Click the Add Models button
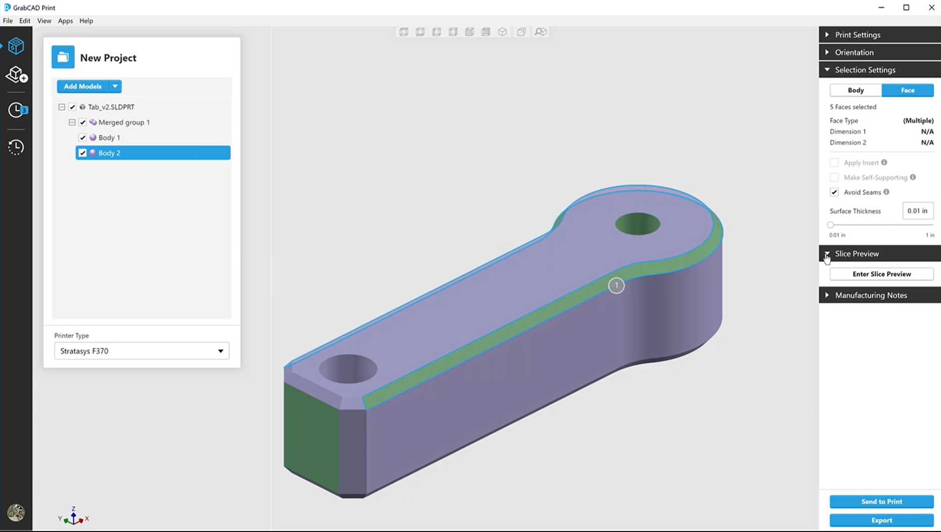pos(82,86)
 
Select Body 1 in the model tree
pos(109,138)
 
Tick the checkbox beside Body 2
pos(83,153)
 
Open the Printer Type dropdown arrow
pos(220,351)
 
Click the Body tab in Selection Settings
pos(856,90)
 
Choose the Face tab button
pos(907,90)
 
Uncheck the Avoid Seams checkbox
pos(834,192)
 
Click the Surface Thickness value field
pos(917,211)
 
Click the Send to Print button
pos(881,502)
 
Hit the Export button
pos(881,520)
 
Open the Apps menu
pos(65,21)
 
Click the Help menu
pos(86,21)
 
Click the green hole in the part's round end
pos(637,224)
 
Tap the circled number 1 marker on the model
pos(616,286)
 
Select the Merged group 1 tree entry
pos(124,122)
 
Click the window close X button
pos(931,8)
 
